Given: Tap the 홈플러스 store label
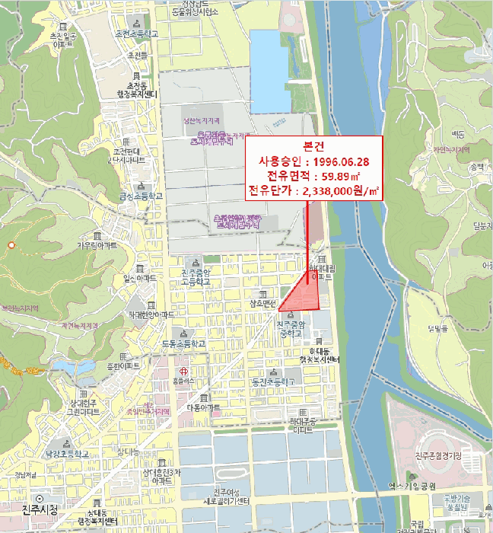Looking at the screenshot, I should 183,379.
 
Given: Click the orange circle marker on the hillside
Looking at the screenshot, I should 11,245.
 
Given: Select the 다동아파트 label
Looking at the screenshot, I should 203,407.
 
